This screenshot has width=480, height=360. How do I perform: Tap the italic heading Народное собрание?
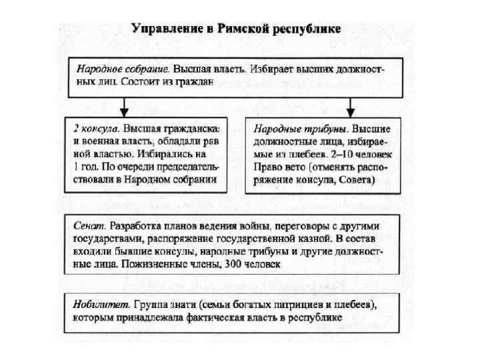(123, 69)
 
